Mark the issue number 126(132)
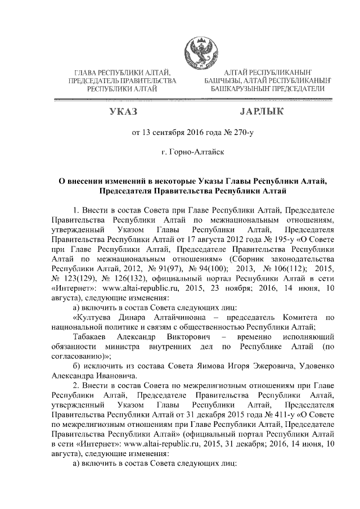point(112,278)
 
